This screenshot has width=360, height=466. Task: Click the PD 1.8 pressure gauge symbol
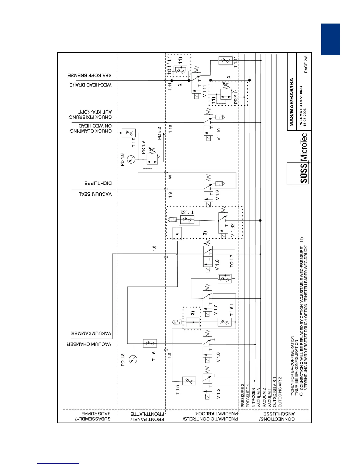tap(133, 359)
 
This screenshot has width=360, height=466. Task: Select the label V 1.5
tap(218, 394)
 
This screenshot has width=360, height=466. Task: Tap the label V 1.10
tap(219, 134)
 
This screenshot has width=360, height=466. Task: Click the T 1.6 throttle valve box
tap(150, 343)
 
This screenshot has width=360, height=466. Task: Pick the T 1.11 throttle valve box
tap(226, 61)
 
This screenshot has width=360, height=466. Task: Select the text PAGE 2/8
tap(306, 64)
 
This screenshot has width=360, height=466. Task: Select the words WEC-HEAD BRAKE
tap(91, 85)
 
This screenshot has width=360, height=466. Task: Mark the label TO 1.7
tap(232, 261)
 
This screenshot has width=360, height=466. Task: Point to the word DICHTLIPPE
tap(98, 183)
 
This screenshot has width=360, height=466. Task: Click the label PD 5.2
tap(159, 133)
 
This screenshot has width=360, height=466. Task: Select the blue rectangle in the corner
tap(330, 39)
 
